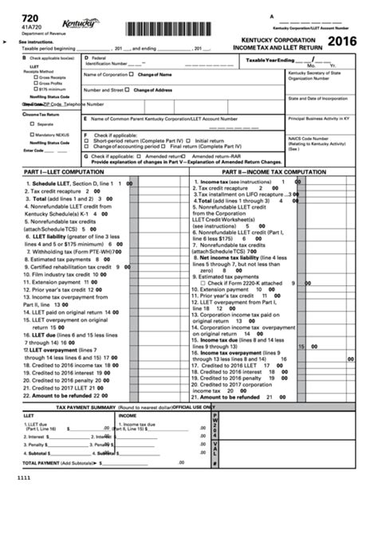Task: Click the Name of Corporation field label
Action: click(x=104, y=75)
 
